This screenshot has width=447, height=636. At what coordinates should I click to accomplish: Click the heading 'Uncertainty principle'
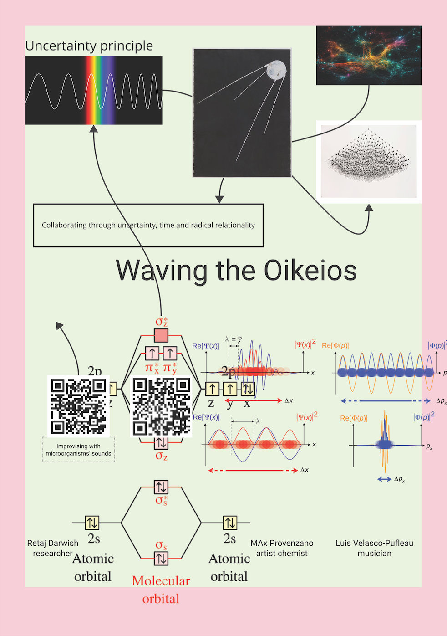tap(89, 46)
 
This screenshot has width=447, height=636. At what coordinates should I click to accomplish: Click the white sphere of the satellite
tap(276, 70)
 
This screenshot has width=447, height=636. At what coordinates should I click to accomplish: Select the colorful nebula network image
tap(369, 55)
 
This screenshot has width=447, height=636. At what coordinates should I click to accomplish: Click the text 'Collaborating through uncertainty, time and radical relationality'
tap(148, 225)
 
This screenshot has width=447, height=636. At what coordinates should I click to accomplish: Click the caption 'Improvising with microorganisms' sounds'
tap(78, 450)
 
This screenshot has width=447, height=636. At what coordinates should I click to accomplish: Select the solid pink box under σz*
tap(161, 336)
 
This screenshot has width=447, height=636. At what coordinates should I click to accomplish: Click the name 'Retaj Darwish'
tap(53, 543)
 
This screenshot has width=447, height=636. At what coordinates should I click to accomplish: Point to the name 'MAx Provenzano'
tap(282, 543)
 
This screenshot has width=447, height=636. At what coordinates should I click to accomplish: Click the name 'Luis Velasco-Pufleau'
tap(374, 543)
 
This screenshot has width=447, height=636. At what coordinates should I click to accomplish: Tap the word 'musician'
tap(374, 554)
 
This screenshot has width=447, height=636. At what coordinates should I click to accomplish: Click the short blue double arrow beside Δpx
tap(384, 479)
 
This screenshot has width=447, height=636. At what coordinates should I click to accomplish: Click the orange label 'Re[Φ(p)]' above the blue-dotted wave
tap(335, 346)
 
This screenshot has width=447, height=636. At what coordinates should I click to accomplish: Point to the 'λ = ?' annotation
tap(233, 339)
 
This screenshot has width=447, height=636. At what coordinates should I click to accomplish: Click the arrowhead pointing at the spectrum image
tap(94, 129)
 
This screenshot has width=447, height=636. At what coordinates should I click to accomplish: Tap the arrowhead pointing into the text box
tap(219, 199)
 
